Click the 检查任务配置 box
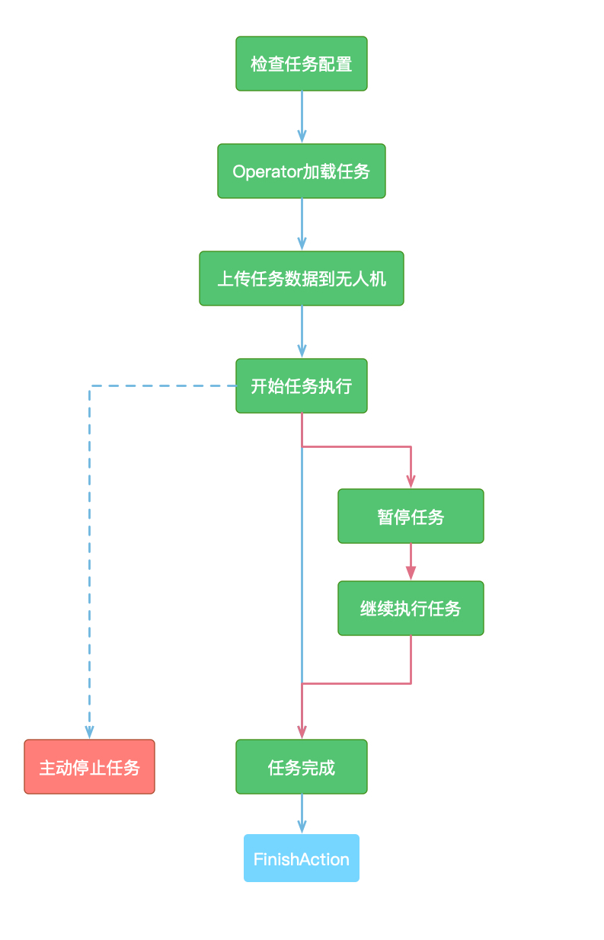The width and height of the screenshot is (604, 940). pyautogui.click(x=302, y=63)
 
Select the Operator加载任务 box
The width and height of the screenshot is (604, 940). pyautogui.click(x=302, y=171)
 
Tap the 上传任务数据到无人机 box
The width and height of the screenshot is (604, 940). pyautogui.click(x=302, y=278)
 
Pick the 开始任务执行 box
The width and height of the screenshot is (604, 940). pyautogui.click(x=302, y=385)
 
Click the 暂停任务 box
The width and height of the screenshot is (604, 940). pyautogui.click(x=411, y=516)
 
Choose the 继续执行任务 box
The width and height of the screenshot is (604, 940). pyautogui.click(x=411, y=608)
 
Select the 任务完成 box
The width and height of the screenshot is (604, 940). pyautogui.click(x=302, y=766)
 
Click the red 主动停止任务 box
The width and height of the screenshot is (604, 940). pyautogui.click(x=89, y=766)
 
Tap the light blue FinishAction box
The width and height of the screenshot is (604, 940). pyautogui.click(x=302, y=858)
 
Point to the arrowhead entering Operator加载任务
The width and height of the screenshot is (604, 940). pyautogui.click(x=302, y=137)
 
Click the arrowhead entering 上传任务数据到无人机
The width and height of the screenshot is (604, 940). pyautogui.click(x=302, y=245)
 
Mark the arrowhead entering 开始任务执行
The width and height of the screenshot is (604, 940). pyautogui.click(x=302, y=352)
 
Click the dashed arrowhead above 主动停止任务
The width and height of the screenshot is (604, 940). pyautogui.click(x=89, y=732)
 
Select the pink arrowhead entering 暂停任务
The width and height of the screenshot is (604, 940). pyautogui.click(x=411, y=481)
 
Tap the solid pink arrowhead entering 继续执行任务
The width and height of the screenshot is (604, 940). pyautogui.click(x=411, y=574)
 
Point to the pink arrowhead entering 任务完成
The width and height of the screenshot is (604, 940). pyautogui.click(x=302, y=732)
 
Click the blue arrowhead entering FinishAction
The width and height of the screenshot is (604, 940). pyautogui.click(x=302, y=827)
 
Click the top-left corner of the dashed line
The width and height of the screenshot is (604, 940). pyautogui.click(x=90, y=385)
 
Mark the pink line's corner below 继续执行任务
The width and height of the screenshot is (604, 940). pyautogui.click(x=411, y=683)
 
